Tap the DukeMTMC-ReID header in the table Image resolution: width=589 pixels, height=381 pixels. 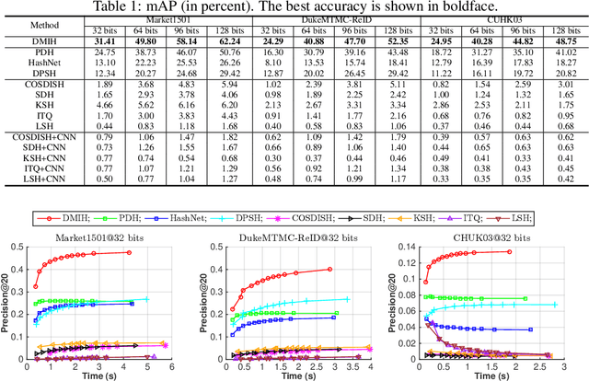point(334,19)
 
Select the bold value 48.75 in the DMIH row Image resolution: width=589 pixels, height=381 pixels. point(565,42)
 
